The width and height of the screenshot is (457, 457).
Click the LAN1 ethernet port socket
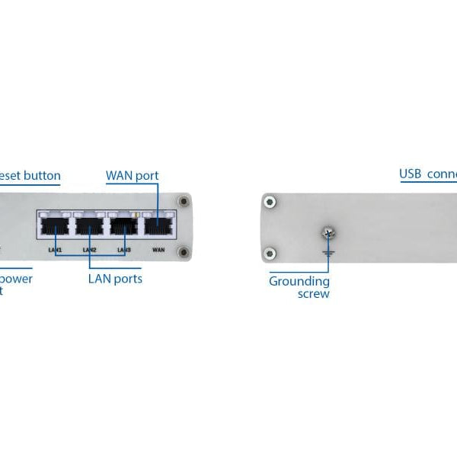(x=55, y=226)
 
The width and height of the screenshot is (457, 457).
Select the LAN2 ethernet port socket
(x=90, y=226)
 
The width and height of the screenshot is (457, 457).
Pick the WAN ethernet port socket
(x=158, y=226)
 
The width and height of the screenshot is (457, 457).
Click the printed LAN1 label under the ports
(x=54, y=250)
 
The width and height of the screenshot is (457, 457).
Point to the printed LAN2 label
(x=89, y=250)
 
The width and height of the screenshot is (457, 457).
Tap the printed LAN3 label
(x=124, y=250)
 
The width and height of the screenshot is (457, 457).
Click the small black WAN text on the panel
(x=158, y=249)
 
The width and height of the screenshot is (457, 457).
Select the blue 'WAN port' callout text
(x=132, y=176)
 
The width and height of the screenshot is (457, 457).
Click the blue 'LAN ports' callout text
(x=114, y=279)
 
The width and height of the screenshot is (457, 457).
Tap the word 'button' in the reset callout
(x=42, y=176)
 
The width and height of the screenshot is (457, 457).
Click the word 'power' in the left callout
(x=17, y=279)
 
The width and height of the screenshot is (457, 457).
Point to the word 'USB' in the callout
(x=411, y=174)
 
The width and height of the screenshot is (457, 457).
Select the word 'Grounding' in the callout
(x=299, y=282)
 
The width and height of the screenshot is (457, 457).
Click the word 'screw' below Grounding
(x=313, y=294)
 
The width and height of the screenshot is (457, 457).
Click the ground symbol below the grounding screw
(x=328, y=248)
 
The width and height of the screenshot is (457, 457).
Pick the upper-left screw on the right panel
(x=269, y=202)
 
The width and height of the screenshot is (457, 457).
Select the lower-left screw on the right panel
(x=269, y=254)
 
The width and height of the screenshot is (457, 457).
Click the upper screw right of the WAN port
(x=183, y=202)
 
